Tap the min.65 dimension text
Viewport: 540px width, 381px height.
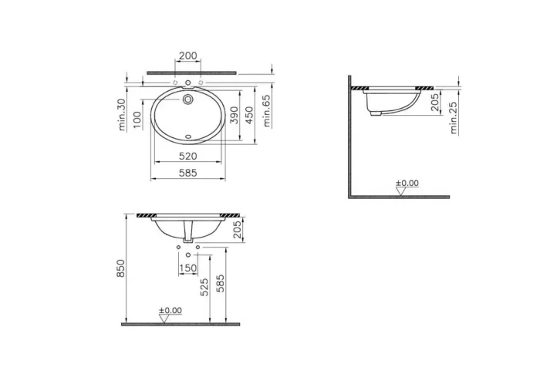266,108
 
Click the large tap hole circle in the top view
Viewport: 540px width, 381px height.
188,99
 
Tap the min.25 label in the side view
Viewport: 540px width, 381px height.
454,116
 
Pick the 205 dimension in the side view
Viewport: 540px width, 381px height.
437,103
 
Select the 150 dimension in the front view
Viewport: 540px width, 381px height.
188,268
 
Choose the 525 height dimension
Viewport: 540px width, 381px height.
204,288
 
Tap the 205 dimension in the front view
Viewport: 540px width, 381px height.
237,228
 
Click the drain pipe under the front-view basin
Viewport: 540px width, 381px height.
188,231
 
